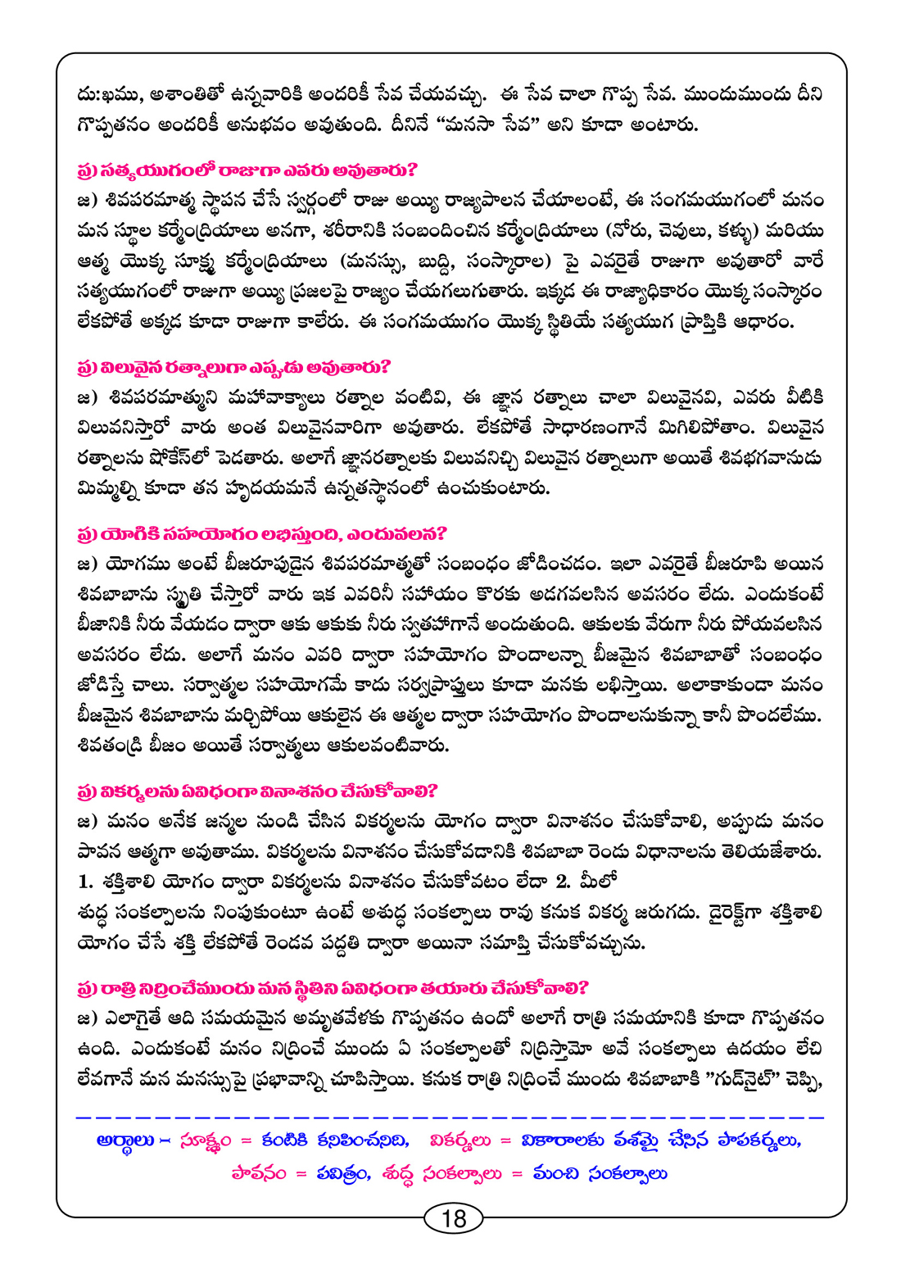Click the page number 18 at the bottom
pyautogui.click(x=453, y=1218)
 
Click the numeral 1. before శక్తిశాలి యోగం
pyautogui.click(x=86, y=882)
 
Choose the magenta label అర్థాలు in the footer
pyautogui.click(x=120, y=1141)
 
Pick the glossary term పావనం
pyautogui.click(x=259, y=1174)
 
